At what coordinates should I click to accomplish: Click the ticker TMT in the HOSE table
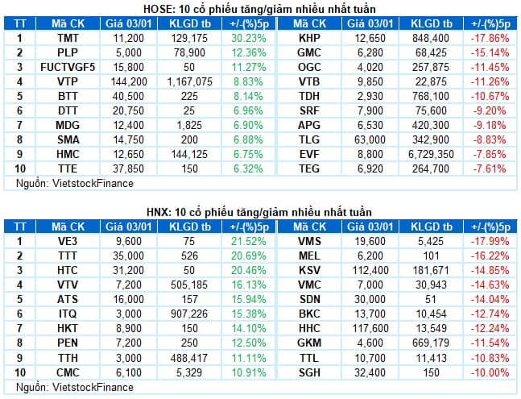[x=68, y=38]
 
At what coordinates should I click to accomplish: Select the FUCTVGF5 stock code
[x=68, y=67]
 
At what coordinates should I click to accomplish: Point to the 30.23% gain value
[x=249, y=38]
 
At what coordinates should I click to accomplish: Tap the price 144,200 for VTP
[x=129, y=81]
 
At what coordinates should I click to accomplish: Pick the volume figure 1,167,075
[x=189, y=81]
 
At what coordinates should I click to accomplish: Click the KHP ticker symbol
[x=309, y=38]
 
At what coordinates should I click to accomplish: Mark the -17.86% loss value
[x=490, y=38]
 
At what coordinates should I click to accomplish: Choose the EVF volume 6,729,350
[x=431, y=154]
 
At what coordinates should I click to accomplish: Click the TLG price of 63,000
[x=370, y=139]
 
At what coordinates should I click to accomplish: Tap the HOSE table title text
[x=259, y=9]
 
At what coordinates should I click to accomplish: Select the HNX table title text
[x=259, y=212]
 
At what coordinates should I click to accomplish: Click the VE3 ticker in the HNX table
[x=68, y=241]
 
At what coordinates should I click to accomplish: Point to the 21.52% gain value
[x=249, y=241]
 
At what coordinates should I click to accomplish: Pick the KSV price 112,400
[x=370, y=270]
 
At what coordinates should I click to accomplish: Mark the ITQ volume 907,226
[x=189, y=314]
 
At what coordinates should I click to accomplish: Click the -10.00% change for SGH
[x=490, y=372]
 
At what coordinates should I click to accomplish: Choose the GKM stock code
[x=309, y=343]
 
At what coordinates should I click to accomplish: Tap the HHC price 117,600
[x=370, y=329]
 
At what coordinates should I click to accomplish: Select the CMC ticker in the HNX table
[x=68, y=372]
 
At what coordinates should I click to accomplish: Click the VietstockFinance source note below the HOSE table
[x=75, y=184]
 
